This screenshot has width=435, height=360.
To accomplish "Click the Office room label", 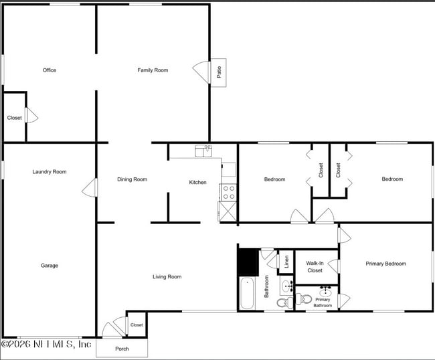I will click(x=49, y=70).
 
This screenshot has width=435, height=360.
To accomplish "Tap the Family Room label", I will click(x=153, y=70).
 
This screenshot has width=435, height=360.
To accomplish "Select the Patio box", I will click(x=220, y=72).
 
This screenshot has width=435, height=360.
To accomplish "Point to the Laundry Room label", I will click(x=50, y=172).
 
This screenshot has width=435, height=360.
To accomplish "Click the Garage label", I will click(x=50, y=266).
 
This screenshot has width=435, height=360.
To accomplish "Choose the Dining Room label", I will click(x=132, y=179).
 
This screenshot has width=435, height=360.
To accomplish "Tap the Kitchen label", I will click(x=197, y=182).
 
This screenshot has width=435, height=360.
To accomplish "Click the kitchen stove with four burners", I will click(x=228, y=192).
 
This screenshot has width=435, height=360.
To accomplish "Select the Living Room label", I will click(x=167, y=276).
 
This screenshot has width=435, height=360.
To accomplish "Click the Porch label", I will click(x=122, y=349).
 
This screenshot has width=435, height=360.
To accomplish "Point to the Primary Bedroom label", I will click(x=385, y=264).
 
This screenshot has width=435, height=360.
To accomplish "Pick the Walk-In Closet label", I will click(x=315, y=266).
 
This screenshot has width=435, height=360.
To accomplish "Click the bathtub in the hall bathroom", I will click(x=247, y=293).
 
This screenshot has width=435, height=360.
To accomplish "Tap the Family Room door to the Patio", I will click(x=200, y=70).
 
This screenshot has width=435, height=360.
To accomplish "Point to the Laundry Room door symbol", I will click(x=88, y=188).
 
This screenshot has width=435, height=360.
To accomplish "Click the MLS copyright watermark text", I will click(x=46, y=344).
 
